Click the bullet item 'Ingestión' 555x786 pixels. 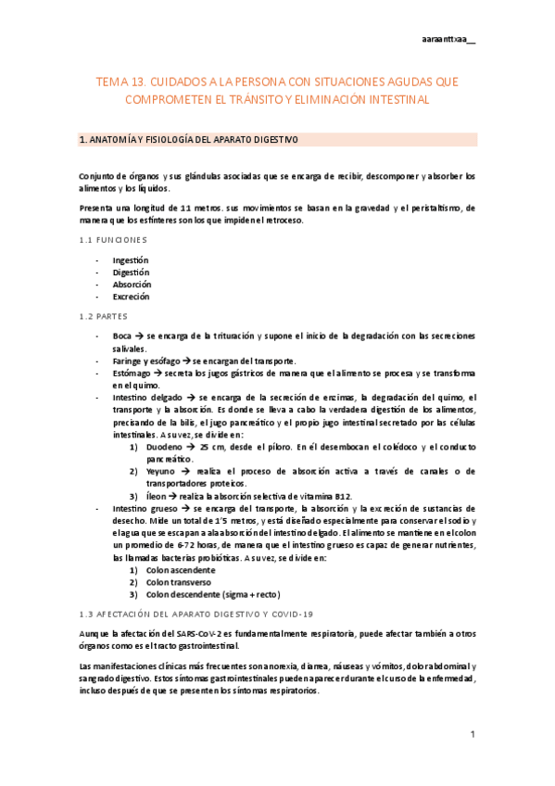coord(131,260)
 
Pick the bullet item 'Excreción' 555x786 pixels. coord(131,297)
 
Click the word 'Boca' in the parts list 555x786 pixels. coord(122,336)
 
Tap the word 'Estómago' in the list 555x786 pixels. coord(133,372)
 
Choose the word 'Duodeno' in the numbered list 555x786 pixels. coord(164,446)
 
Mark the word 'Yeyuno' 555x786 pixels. coord(161,471)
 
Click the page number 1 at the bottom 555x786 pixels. coord(472,735)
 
